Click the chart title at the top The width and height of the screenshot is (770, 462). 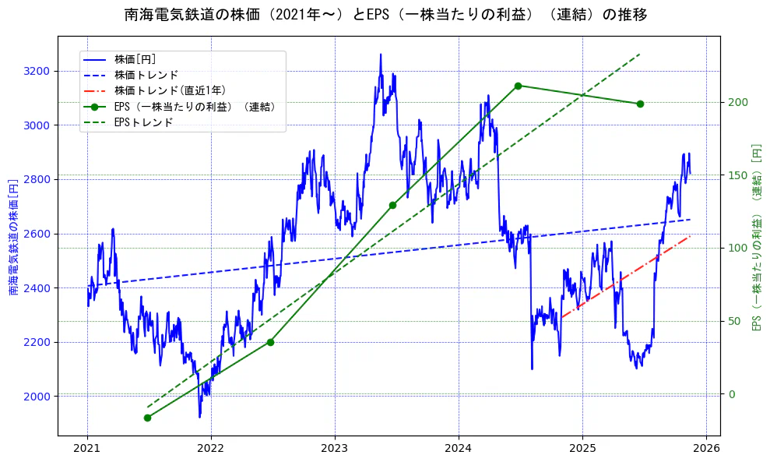[385, 15]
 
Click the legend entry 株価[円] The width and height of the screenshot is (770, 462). [135, 59]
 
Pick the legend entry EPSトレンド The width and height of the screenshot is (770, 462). [143, 122]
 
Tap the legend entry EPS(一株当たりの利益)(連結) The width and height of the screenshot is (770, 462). [195, 107]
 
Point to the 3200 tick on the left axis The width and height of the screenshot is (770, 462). [37, 72]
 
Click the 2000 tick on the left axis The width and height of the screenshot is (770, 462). [37, 397]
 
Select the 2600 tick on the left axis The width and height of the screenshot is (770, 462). [37, 234]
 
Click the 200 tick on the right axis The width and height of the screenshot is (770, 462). [737, 103]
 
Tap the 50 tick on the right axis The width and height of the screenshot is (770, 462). [734, 321]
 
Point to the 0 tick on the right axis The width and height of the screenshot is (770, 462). [731, 394]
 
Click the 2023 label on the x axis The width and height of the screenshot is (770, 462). [335, 449]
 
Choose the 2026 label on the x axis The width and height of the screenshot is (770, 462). [705, 449]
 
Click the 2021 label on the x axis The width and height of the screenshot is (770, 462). [87, 449]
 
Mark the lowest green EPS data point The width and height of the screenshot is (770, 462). [147, 418]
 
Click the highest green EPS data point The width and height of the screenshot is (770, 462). [518, 86]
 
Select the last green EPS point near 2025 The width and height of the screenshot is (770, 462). [640, 104]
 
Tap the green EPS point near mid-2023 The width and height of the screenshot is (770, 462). [392, 205]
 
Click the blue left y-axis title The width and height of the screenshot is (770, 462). [13, 238]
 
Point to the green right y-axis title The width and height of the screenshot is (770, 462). [756, 238]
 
